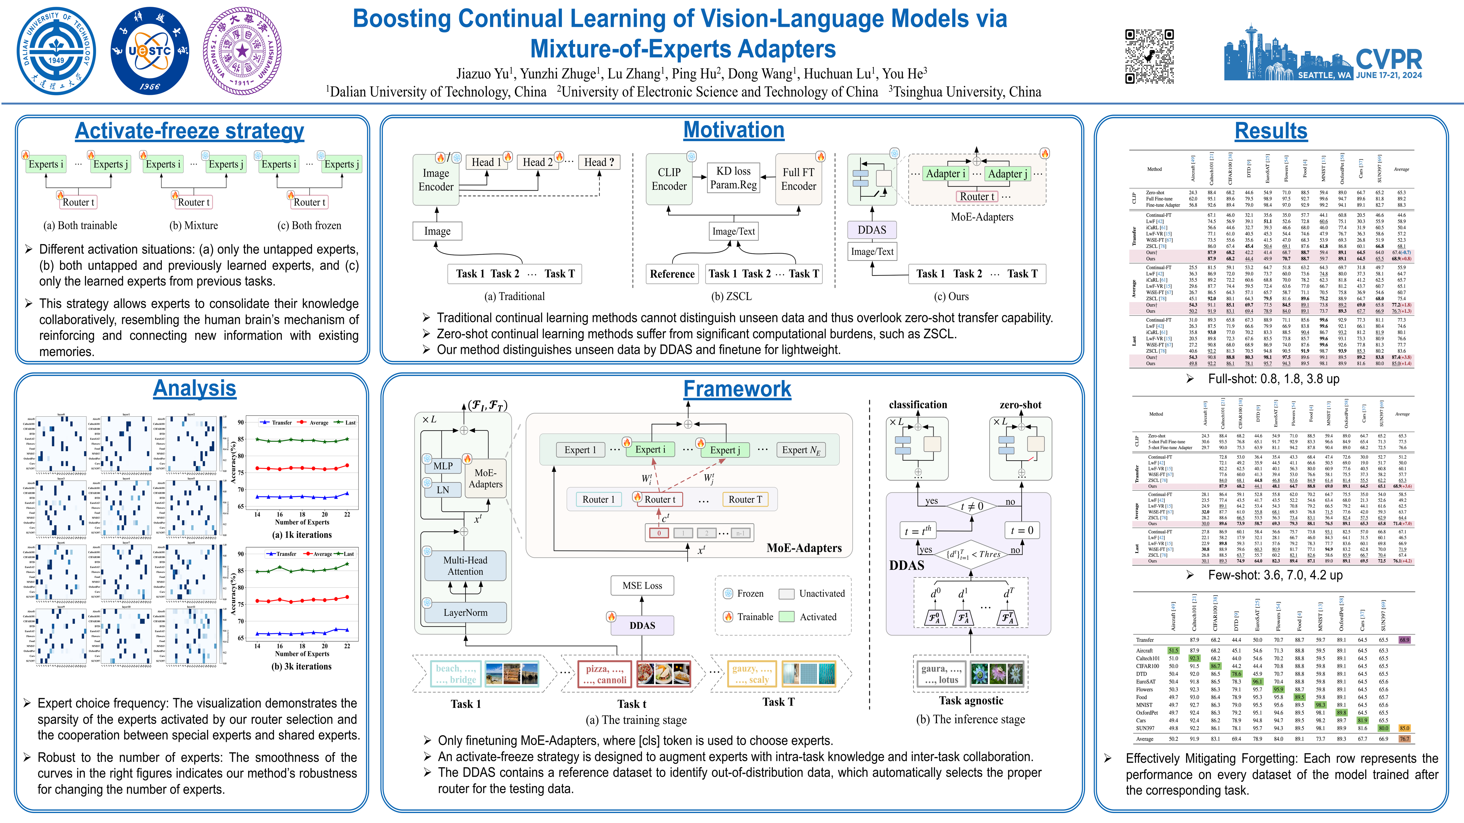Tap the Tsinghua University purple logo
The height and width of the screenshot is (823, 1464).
click(x=242, y=51)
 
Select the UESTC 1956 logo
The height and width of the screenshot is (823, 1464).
click(x=150, y=51)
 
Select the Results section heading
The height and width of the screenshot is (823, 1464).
click(x=1271, y=131)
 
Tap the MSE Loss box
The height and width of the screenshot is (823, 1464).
click(x=642, y=586)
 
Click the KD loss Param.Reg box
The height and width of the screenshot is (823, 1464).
click(x=733, y=178)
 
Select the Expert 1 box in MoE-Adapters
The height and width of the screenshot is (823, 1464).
click(x=580, y=450)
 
